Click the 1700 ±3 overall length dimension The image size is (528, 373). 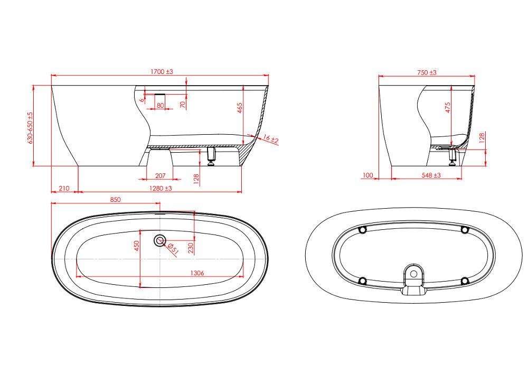point(162,72)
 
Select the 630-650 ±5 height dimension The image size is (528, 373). point(30,128)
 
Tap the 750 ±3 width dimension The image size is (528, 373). point(427,72)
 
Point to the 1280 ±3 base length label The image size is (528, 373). point(161,189)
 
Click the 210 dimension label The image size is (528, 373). point(64,189)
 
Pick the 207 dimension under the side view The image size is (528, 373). point(161,175)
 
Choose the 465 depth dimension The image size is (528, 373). point(240,108)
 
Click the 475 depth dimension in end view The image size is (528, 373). point(448,107)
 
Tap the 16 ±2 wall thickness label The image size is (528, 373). point(271,139)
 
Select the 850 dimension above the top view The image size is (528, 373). point(115,200)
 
